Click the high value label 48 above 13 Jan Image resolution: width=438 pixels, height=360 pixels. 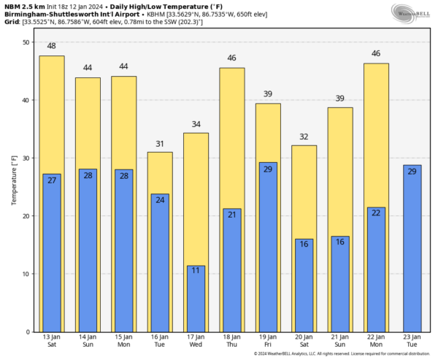(52, 47)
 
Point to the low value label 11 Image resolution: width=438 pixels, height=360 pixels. (196, 271)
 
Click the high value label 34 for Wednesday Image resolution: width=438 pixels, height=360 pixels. (196, 124)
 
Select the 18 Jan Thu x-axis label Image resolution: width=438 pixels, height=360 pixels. (231, 341)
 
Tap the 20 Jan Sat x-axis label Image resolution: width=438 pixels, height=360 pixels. (304, 341)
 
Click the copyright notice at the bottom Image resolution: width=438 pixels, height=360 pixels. (342, 354)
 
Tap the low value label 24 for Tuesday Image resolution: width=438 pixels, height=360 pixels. (160, 199)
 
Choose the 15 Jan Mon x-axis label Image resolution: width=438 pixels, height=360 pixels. (123, 341)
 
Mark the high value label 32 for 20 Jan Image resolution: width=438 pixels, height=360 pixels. (304, 137)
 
